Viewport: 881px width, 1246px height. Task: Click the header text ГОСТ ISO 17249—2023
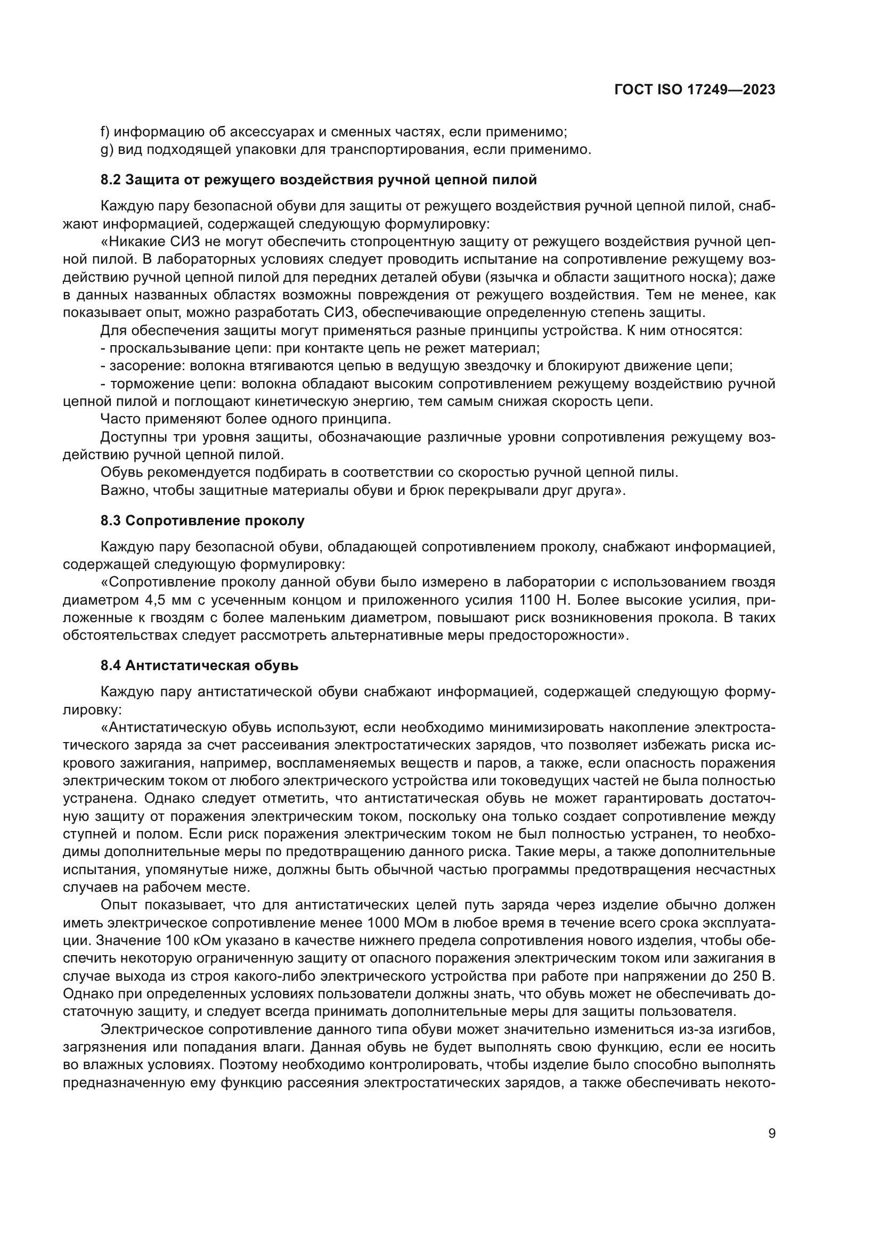[695, 89]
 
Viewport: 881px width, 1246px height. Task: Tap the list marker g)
[106, 150]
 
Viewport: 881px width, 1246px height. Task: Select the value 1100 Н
[544, 600]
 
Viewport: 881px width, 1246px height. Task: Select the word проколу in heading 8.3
[273, 521]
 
